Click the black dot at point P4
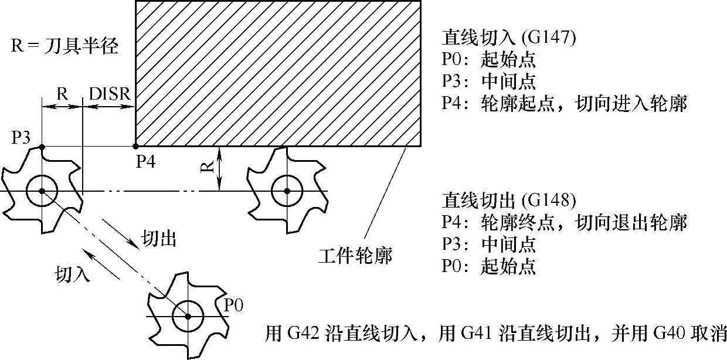(x=135, y=146)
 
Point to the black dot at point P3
(x=42, y=146)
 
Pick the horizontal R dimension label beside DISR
(x=62, y=94)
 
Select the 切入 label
(x=73, y=273)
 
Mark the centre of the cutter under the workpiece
(x=287, y=191)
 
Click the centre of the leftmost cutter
(x=42, y=191)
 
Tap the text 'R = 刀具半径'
(x=64, y=46)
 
